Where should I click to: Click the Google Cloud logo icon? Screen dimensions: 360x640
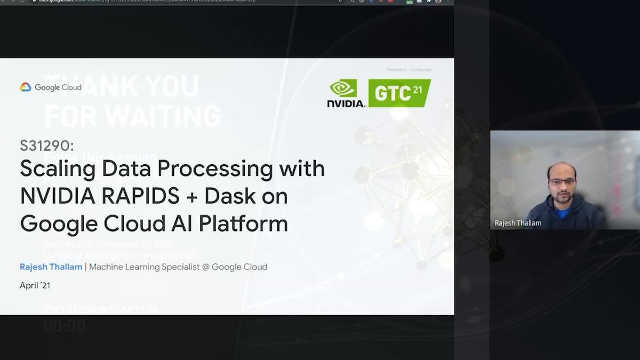(x=26, y=87)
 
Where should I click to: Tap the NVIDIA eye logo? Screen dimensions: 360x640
(x=343, y=88)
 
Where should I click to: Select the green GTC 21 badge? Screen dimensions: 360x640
(x=399, y=93)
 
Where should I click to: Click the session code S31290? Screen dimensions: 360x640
(x=47, y=146)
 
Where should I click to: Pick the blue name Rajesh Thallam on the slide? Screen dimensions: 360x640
(x=51, y=267)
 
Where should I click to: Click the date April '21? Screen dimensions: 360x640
(x=35, y=285)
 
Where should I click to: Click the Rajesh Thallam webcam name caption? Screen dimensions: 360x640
(x=518, y=223)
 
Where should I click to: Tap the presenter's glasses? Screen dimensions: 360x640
(x=562, y=182)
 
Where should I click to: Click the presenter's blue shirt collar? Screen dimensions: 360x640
(x=562, y=212)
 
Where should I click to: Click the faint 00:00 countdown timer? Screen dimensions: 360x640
(x=65, y=325)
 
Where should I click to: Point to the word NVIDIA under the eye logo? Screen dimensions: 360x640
(x=346, y=103)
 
